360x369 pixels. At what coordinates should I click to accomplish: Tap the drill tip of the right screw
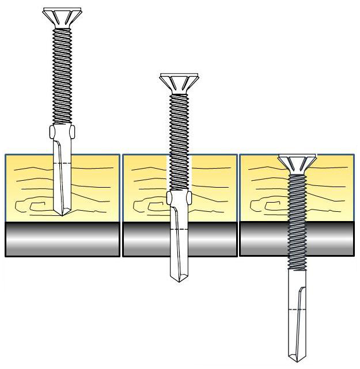(x=297, y=357)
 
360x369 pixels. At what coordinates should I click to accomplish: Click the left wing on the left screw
(x=52, y=132)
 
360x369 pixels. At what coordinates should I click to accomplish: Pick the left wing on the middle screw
(x=170, y=198)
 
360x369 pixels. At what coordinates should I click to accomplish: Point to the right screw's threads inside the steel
(x=297, y=239)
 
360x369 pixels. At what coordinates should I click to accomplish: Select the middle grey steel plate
(x=144, y=239)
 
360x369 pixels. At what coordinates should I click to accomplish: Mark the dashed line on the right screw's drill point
(x=297, y=310)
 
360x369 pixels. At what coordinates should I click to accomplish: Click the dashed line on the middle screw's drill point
(x=179, y=230)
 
